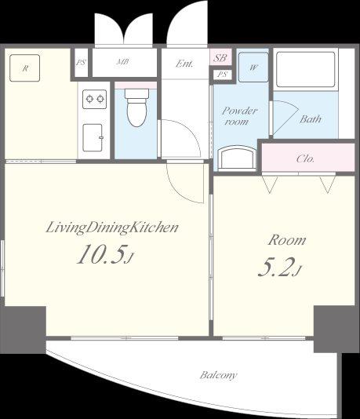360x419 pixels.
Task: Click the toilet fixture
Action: click(136, 107)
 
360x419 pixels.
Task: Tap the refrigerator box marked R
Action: click(24, 68)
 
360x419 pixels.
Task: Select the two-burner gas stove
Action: click(95, 99)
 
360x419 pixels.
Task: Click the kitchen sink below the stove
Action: click(93, 137)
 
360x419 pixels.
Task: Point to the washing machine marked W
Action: click(253, 67)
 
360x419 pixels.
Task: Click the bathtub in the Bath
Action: click(306, 70)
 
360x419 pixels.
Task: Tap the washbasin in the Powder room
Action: click(237, 158)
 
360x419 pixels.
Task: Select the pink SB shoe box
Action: click(220, 57)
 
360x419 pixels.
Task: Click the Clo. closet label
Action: click(305, 158)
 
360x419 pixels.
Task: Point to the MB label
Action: click(123, 62)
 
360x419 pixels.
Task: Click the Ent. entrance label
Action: click(184, 64)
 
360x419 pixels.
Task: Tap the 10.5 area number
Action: click(101, 255)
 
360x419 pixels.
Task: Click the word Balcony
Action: click(219, 375)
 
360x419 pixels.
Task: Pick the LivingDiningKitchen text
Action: click(112, 228)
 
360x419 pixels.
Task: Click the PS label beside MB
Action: click(81, 63)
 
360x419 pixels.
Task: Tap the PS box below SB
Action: click(222, 75)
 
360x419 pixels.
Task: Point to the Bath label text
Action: click(311, 118)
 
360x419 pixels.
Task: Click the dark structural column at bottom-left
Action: click(24, 330)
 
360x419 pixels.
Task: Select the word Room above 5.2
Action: click(287, 240)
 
